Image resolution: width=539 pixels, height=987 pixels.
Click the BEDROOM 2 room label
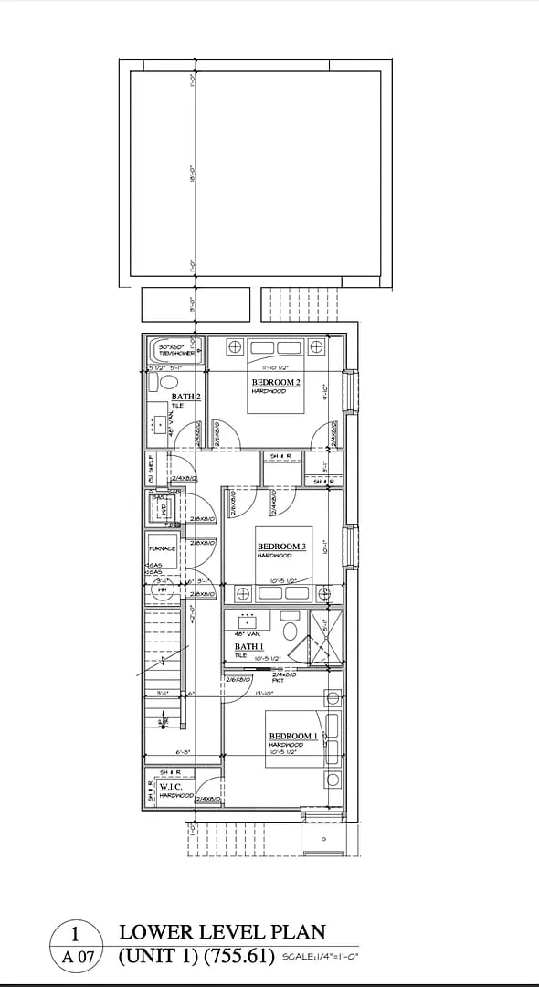[276, 382]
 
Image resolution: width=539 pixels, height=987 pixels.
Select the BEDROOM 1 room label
[293, 736]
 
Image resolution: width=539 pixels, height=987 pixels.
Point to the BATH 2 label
[185, 397]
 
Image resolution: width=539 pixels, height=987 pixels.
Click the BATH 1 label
[248, 646]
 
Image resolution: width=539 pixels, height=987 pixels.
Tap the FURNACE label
[162, 549]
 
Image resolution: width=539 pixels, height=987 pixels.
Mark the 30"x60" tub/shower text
[172, 349]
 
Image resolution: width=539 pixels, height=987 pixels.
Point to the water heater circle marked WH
[164, 590]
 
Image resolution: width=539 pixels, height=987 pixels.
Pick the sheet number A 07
[78, 958]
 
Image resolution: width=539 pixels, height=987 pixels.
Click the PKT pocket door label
[278, 680]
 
